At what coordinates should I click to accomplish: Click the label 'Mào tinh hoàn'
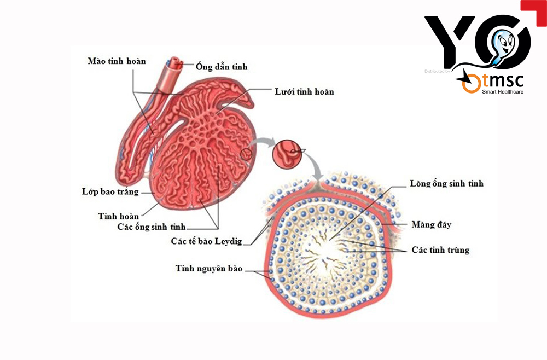(117, 61)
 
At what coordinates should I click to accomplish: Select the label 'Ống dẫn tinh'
(222, 66)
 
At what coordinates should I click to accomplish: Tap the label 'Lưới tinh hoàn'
(304, 91)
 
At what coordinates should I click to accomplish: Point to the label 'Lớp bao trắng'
(110, 192)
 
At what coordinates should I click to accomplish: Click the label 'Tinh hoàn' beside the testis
(119, 216)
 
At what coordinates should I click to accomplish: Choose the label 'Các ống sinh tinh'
(152, 227)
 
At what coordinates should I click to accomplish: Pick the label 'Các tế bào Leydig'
(207, 241)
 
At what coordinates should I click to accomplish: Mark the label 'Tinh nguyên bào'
(209, 268)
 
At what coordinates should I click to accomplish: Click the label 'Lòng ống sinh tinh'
(446, 183)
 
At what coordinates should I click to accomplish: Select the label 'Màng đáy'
(432, 224)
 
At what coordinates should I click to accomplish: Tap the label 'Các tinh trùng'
(440, 250)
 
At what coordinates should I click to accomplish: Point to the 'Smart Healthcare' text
(503, 92)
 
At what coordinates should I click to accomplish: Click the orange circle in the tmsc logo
(472, 83)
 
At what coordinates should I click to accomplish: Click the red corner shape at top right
(534, 13)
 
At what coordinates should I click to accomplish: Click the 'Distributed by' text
(437, 71)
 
